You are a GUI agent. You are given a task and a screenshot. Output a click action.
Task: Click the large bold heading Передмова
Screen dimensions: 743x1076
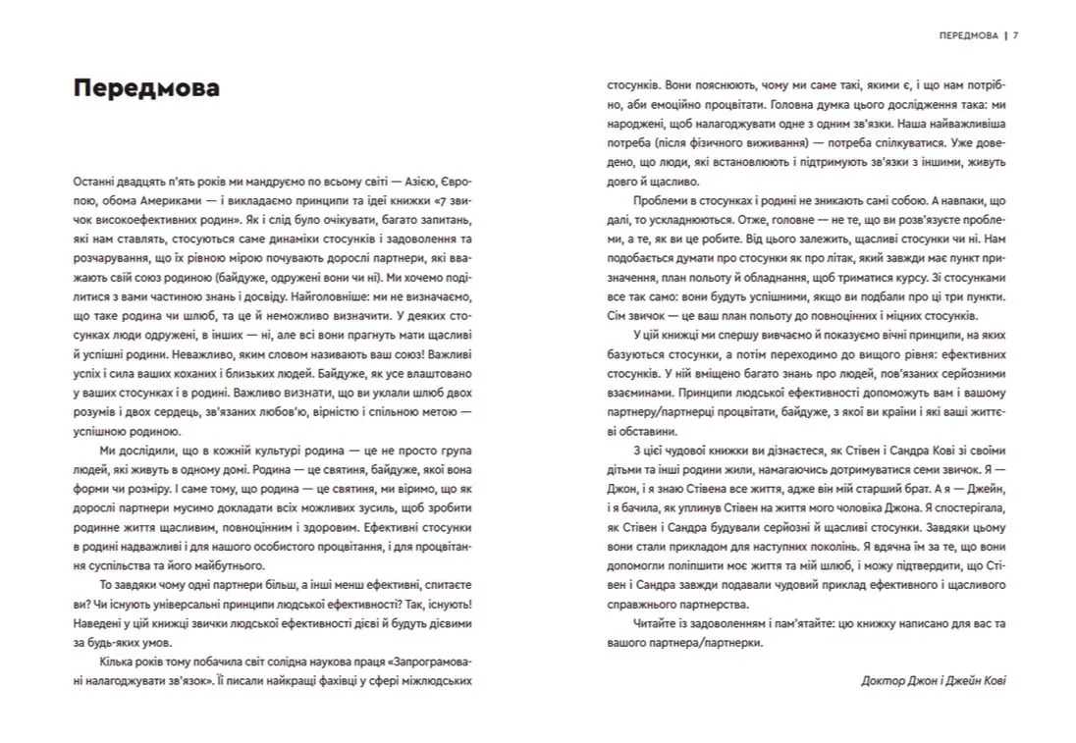tap(145, 89)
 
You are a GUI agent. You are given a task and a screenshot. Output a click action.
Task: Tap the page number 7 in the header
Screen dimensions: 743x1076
tap(1015, 35)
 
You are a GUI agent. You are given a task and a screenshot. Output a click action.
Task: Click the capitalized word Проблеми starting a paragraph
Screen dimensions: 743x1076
tap(653, 202)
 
